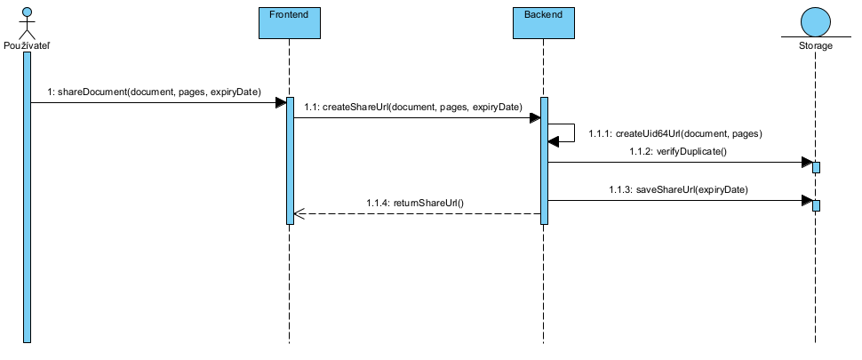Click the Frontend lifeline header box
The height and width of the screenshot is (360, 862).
pos(289,23)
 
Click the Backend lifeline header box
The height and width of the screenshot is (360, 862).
pos(543,23)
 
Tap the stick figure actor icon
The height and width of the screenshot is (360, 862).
pos(27,20)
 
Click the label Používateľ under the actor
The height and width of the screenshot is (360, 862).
pos(27,45)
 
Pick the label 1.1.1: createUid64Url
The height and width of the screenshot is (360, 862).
pos(676,132)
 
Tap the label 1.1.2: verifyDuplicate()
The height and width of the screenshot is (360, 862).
pos(678,152)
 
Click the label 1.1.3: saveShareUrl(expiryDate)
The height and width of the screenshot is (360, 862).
pos(678,189)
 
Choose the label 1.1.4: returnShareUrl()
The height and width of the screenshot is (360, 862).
pos(415,204)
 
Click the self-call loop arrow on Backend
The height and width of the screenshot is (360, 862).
pos(568,132)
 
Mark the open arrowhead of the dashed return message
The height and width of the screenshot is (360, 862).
pos(299,214)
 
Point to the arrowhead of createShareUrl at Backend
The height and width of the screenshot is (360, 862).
pos(533,117)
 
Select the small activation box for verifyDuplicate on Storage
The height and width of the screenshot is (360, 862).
pos(816,167)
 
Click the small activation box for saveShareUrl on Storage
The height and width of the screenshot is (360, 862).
pos(816,205)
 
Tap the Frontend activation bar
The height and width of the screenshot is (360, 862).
pos(290,160)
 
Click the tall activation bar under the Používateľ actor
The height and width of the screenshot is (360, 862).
pos(28,196)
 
